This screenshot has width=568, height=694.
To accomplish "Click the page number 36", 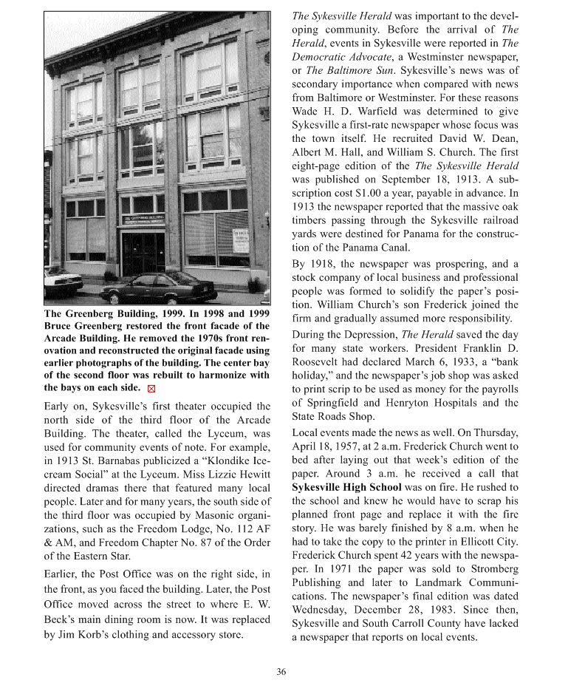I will [x=281, y=672].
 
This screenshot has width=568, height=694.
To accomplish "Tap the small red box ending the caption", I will [x=152, y=388].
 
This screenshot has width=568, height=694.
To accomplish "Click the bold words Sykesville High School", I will [x=346, y=488].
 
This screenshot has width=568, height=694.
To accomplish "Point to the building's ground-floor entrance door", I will [x=143, y=254].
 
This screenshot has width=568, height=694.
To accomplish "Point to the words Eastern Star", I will [x=92, y=556].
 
